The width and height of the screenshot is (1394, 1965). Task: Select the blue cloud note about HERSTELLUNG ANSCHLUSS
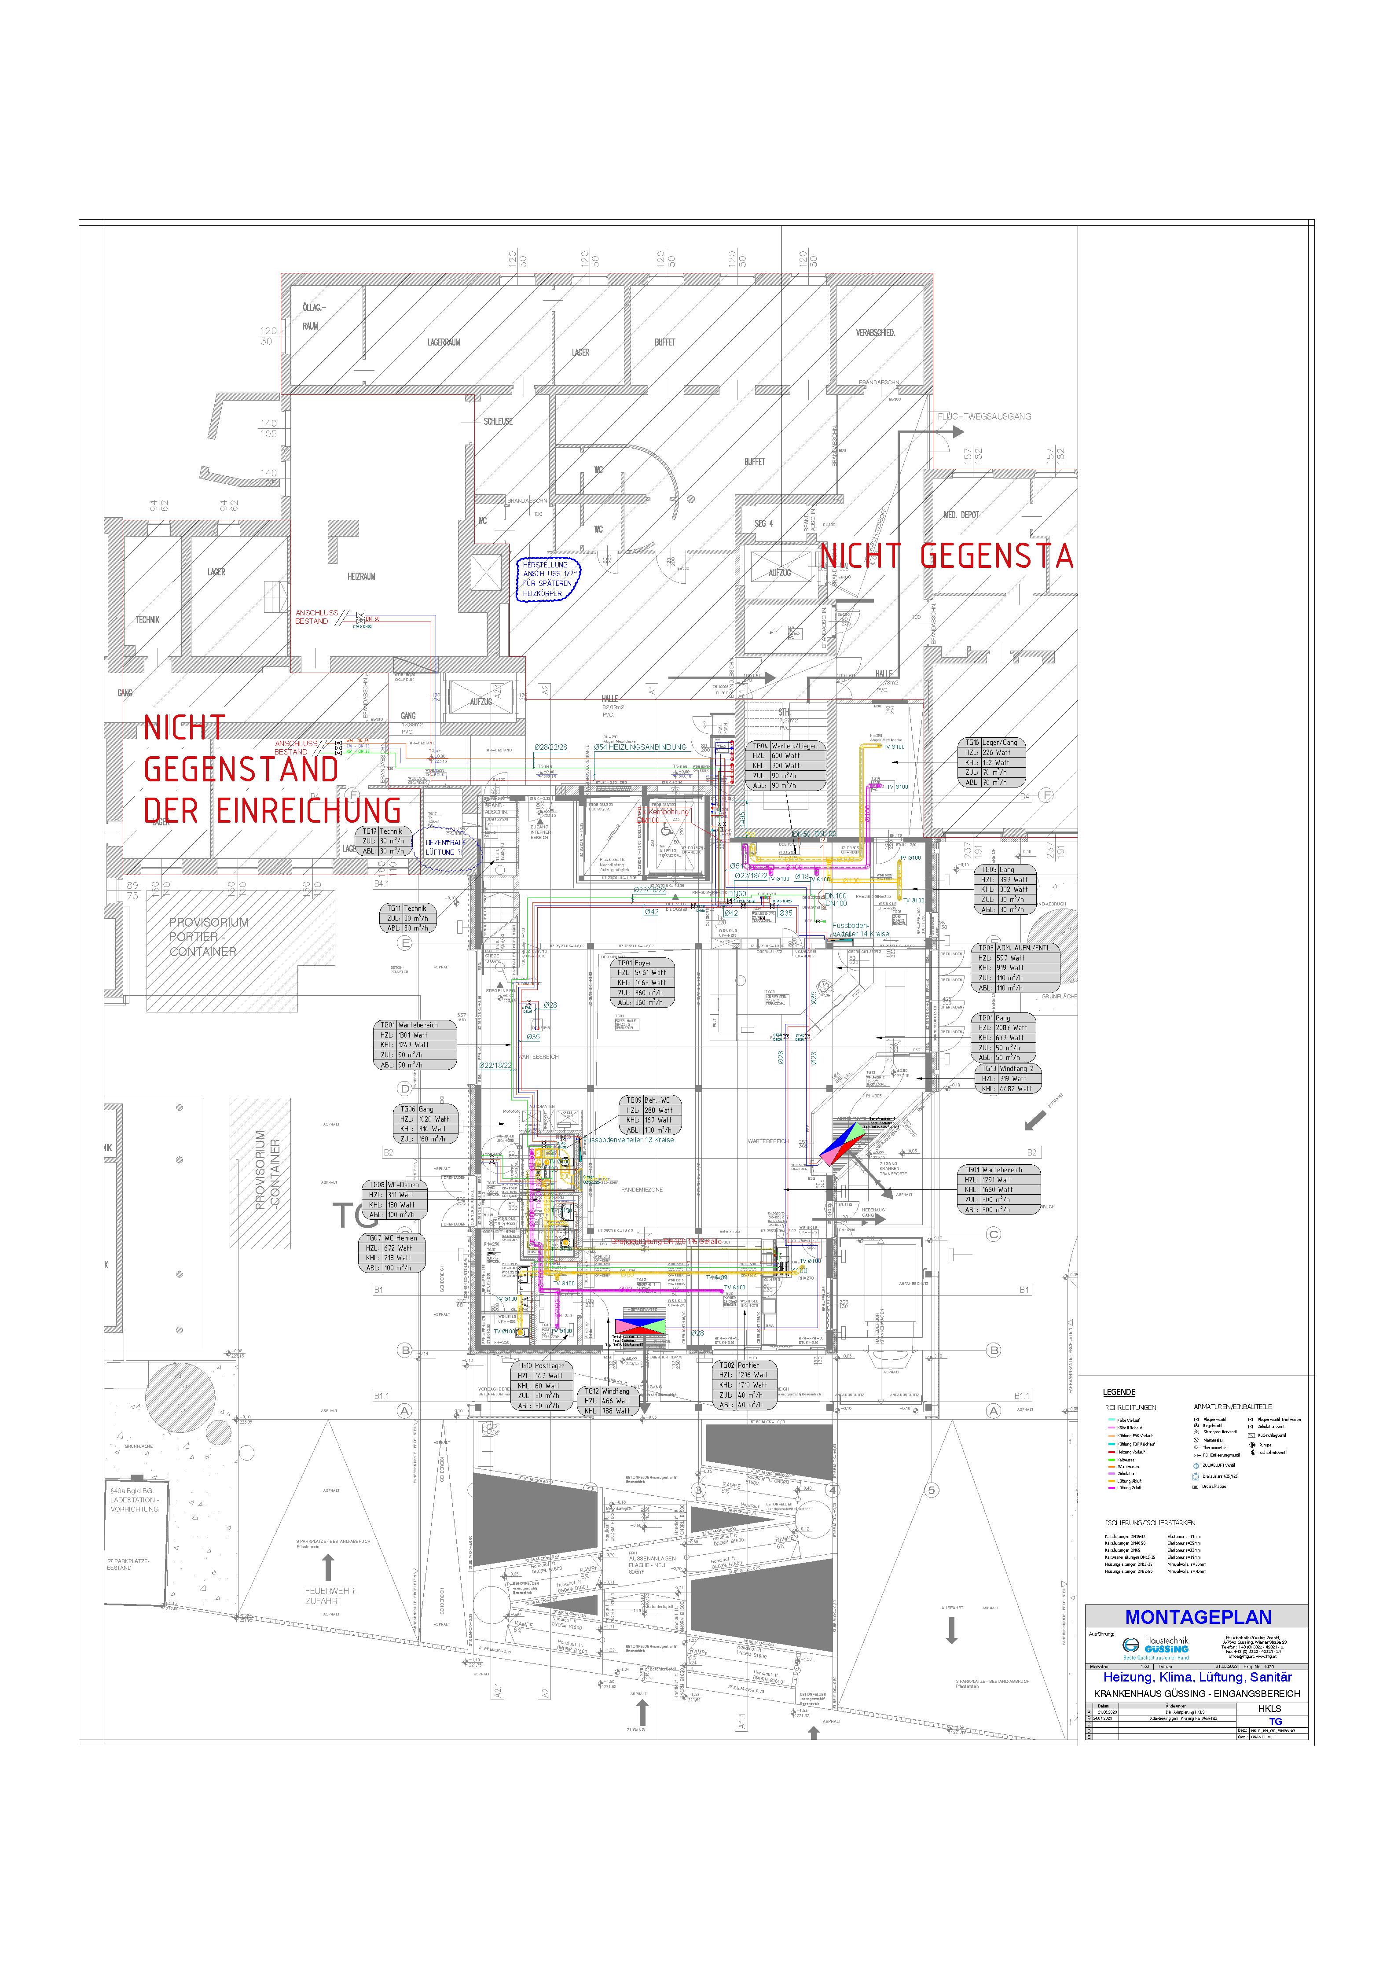pos(548,579)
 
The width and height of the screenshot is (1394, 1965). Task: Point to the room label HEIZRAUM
pos(361,576)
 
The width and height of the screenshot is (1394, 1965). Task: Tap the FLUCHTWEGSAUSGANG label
pos(984,416)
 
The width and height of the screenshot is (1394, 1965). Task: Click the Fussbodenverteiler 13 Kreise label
pos(628,1140)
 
